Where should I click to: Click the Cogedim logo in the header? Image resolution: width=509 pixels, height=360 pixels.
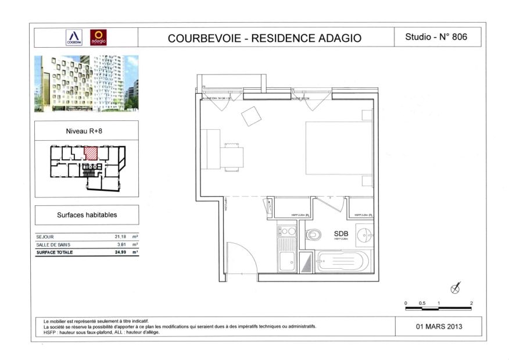[73, 37]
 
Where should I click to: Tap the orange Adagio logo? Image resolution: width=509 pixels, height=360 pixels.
[99, 37]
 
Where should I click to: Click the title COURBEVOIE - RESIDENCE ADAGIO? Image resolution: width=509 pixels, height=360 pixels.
[264, 38]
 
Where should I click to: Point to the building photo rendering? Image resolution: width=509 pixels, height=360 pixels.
[86, 83]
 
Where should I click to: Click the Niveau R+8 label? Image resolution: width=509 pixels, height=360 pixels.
[86, 131]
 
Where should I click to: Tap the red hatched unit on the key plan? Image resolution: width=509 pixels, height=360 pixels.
[91, 153]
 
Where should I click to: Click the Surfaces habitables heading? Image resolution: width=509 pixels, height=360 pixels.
[87, 215]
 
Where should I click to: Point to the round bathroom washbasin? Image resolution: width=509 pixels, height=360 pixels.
[363, 236]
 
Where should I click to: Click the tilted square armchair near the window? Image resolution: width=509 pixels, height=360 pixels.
[252, 116]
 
